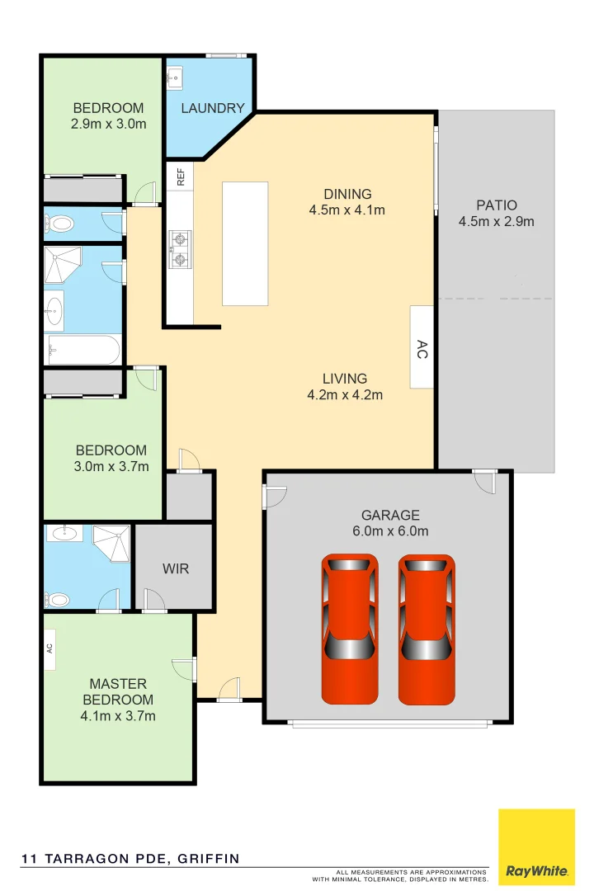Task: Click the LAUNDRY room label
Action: coord(212,108)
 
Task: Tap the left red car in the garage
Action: coord(349,629)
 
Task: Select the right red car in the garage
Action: coord(427,629)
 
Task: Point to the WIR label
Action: coord(175,569)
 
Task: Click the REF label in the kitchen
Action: coord(180,175)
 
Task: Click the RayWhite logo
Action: coord(536,847)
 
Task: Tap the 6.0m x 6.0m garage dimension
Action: coord(390,530)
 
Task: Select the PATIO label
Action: coord(497,205)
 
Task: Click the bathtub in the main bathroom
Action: coord(82,350)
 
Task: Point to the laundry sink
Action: coord(174,79)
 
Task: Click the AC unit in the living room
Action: coord(422,347)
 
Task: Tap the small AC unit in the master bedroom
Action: coord(49,646)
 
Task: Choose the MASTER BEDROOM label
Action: coord(118,691)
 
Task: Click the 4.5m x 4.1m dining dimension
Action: coord(347,210)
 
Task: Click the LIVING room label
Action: coord(345,379)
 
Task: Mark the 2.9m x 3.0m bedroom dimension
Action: coord(108,124)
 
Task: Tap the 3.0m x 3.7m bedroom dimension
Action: coord(111,466)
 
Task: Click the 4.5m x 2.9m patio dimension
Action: coord(497,221)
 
